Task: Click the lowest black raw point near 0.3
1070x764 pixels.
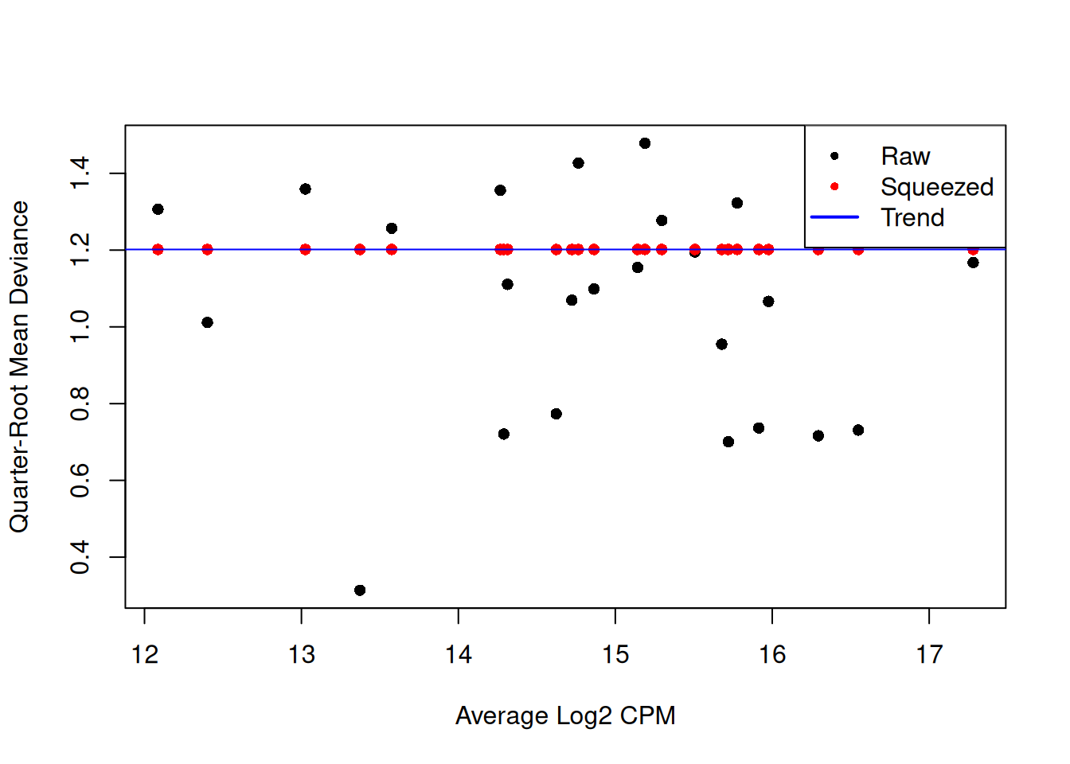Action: point(360,591)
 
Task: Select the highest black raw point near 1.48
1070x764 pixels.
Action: point(645,143)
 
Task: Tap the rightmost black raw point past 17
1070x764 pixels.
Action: point(973,263)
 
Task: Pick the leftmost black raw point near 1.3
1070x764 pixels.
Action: point(158,209)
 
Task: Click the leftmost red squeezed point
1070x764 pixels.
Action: point(158,250)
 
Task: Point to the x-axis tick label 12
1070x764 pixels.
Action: point(144,655)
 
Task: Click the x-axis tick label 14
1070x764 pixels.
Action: point(459,655)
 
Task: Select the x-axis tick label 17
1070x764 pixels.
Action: point(929,655)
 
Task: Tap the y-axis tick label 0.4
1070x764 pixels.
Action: point(80,557)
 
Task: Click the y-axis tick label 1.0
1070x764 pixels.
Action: point(80,327)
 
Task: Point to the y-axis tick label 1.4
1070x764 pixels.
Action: point(80,173)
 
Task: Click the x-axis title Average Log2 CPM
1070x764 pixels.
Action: point(565,716)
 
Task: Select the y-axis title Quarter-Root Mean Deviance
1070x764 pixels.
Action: point(19,367)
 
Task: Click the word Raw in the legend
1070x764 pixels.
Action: point(905,157)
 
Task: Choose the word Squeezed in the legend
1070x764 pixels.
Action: point(937,187)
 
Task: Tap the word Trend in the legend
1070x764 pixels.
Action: point(912,217)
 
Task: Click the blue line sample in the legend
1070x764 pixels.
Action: point(834,216)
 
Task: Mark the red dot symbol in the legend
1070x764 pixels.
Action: point(834,186)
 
